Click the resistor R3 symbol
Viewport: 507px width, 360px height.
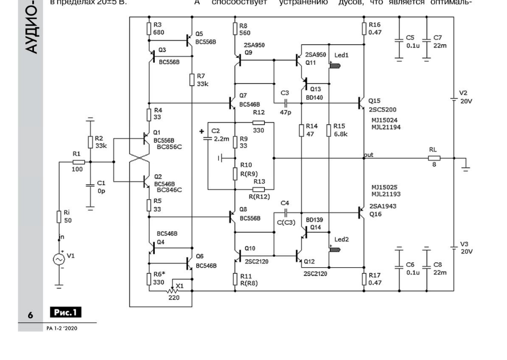(x=148, y=28)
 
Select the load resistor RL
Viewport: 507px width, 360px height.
(x=434, y=158)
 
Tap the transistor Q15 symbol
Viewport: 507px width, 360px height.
(x=361, y=101)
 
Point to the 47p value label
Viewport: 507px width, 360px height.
(x=286, y=113)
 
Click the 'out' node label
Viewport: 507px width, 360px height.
(x=369, y=155)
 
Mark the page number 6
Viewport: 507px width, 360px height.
(x=31, y=315)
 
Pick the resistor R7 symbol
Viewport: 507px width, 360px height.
(x=192, y=80)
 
